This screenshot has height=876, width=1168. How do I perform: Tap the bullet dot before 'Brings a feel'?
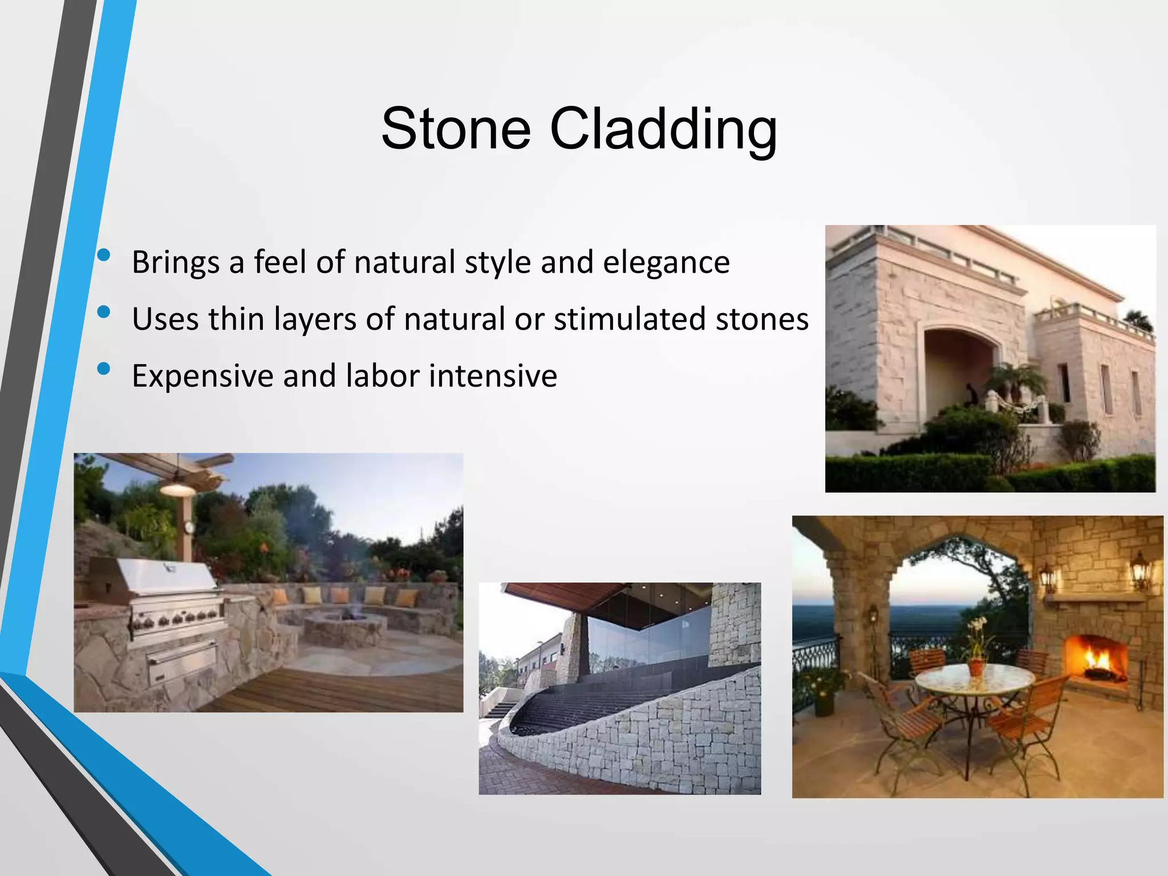pyautogui.click(x=104, y=256)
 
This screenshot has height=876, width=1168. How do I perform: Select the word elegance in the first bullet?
pyautogui.click(x=666, y=262)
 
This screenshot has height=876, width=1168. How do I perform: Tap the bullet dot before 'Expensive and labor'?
pyautogui.click(x=104, y=369)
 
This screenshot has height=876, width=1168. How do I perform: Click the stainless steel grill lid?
pyautogui.click(x=165, y=576)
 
